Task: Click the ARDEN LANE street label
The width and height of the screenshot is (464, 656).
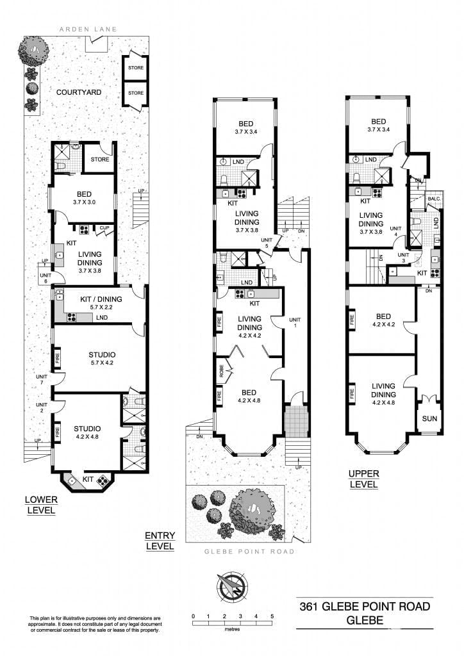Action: tap(87, 29)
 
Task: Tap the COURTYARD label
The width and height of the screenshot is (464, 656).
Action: tap(78, 92)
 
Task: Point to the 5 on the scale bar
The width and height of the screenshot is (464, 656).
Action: tap(272, 616)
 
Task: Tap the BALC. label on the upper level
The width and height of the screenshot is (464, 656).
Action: tap(434, 199)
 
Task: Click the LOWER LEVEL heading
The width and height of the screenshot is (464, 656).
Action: tap(41, 505)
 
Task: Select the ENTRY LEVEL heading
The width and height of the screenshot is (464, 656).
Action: tap(160, 541)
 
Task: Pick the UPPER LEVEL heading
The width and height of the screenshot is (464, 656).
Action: tap(363, 479)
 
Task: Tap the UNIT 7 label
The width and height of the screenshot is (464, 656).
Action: tap(42, 380)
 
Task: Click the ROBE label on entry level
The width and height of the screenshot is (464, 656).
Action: tap(219, 370)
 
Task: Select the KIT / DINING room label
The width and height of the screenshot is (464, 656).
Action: tap(101, 299)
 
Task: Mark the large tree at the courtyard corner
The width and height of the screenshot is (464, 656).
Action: tap(35, 49)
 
